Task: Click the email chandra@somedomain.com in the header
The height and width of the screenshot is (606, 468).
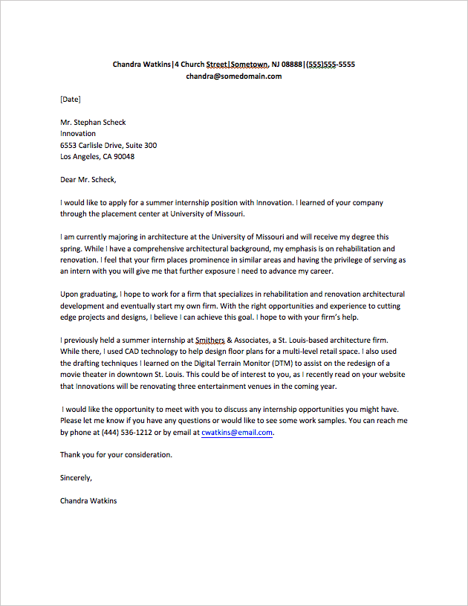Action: pos(233,76)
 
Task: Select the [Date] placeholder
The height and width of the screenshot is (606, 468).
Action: pos(71,99)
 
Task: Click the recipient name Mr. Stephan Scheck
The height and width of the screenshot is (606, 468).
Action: pos(93,122)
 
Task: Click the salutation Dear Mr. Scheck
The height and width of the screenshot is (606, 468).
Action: pos(88,179)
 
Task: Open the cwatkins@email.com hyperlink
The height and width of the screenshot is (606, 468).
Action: pos(237,432)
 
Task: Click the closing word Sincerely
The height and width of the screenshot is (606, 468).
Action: pos(76,477)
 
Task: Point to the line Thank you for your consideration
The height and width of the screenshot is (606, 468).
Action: pos(116,454)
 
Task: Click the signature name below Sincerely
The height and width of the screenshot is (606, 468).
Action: pos(88,500)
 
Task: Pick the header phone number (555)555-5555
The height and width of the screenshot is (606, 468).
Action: pos(331,64)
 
